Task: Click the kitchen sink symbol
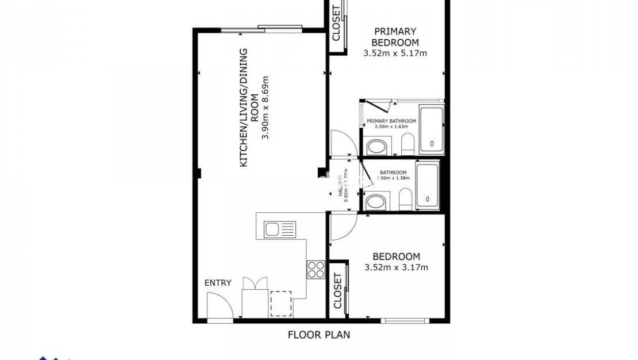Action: point(279,229)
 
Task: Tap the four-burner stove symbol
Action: point(316,269)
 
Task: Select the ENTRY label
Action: point(218,283)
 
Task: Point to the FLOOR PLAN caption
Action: point(318,335)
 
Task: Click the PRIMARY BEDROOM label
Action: point(395,37)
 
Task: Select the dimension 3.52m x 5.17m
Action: point(395,53)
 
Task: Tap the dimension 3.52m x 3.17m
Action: point(396,267)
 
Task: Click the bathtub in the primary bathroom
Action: point(431,129)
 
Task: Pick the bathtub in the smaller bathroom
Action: point(426,186)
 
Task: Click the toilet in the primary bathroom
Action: point(408,144)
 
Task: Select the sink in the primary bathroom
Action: point(377,147)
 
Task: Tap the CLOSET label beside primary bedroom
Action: point(337,23)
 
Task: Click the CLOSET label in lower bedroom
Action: point(337,290)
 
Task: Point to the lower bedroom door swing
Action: point(343,225)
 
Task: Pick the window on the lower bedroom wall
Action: point(405,320)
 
